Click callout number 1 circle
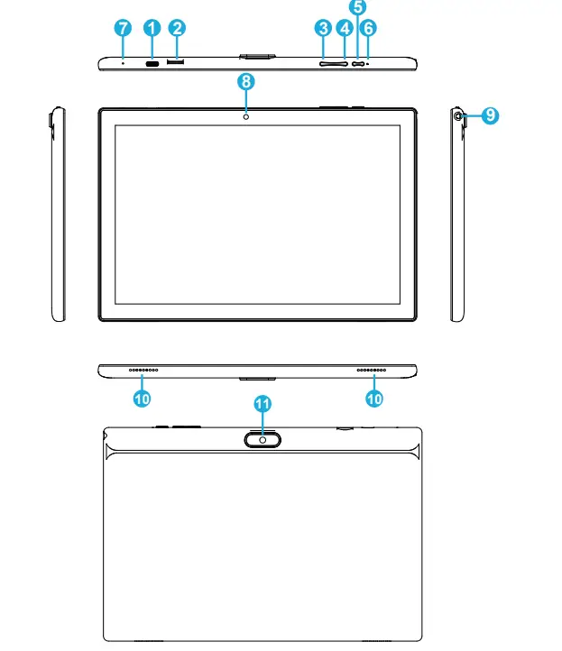coord(151,28)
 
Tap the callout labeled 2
coord(178,28)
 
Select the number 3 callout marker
coord(323,29)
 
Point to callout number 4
coord(344,29)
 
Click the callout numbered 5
coord(358,7)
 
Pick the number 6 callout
coord(369,29)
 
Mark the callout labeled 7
coord(123,28)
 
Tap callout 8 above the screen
coord(245,81)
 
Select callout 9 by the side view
coord(488,115)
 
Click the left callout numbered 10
coord(143,395)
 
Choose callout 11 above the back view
coord(263,405)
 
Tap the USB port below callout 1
coord(151,63)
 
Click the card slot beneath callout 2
coord(178,63)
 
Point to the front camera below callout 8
coord(245,116)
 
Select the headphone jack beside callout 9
coord(458,115)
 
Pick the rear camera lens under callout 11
coord(263,439)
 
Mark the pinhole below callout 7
coord(123,63)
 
